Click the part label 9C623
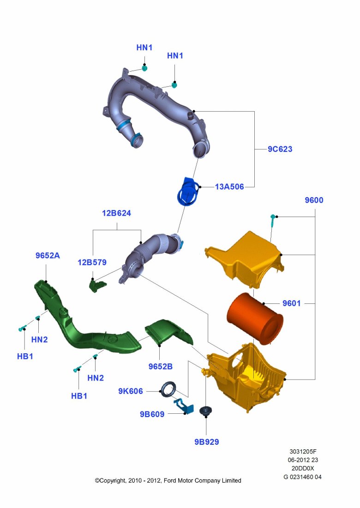click(280, 149)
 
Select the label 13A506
click(229, 187)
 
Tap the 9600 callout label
click(314, 200)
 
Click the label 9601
click(291, 303)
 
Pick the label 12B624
click(116, 213)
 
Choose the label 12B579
click(92, 262)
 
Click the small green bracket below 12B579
click(96, 285)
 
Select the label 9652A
click(48, 255)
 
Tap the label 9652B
click(160, 366)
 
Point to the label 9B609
click(152, 414)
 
